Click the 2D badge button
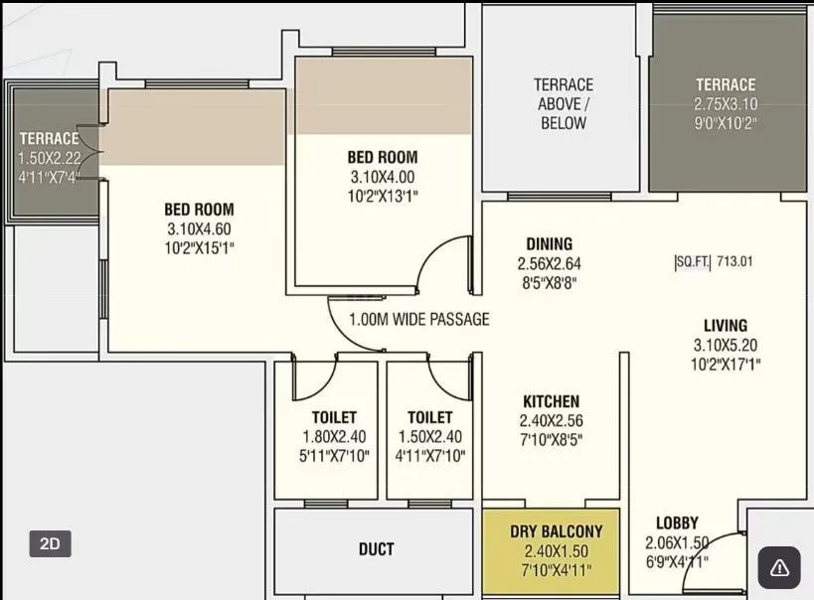pos(50,543)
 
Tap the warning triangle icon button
pos(779,567)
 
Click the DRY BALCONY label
pos(551,531)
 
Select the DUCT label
pos(376,548)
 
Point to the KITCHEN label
pos(551,401)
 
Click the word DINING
pos(549,244)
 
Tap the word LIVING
pos(725,326)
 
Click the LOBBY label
pos(677,523)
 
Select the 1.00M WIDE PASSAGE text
pos(418,320)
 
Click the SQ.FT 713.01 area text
pos(714,262)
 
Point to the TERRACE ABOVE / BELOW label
pos(564,104)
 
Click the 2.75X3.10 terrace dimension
pos(725,104)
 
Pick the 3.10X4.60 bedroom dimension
pos(199,228)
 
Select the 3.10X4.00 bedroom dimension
pos(382,177)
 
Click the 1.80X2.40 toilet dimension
pos(333,437)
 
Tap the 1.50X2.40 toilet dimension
pos(429,437)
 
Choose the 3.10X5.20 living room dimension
pos(725,345)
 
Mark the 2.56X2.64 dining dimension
pos(549,263)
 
